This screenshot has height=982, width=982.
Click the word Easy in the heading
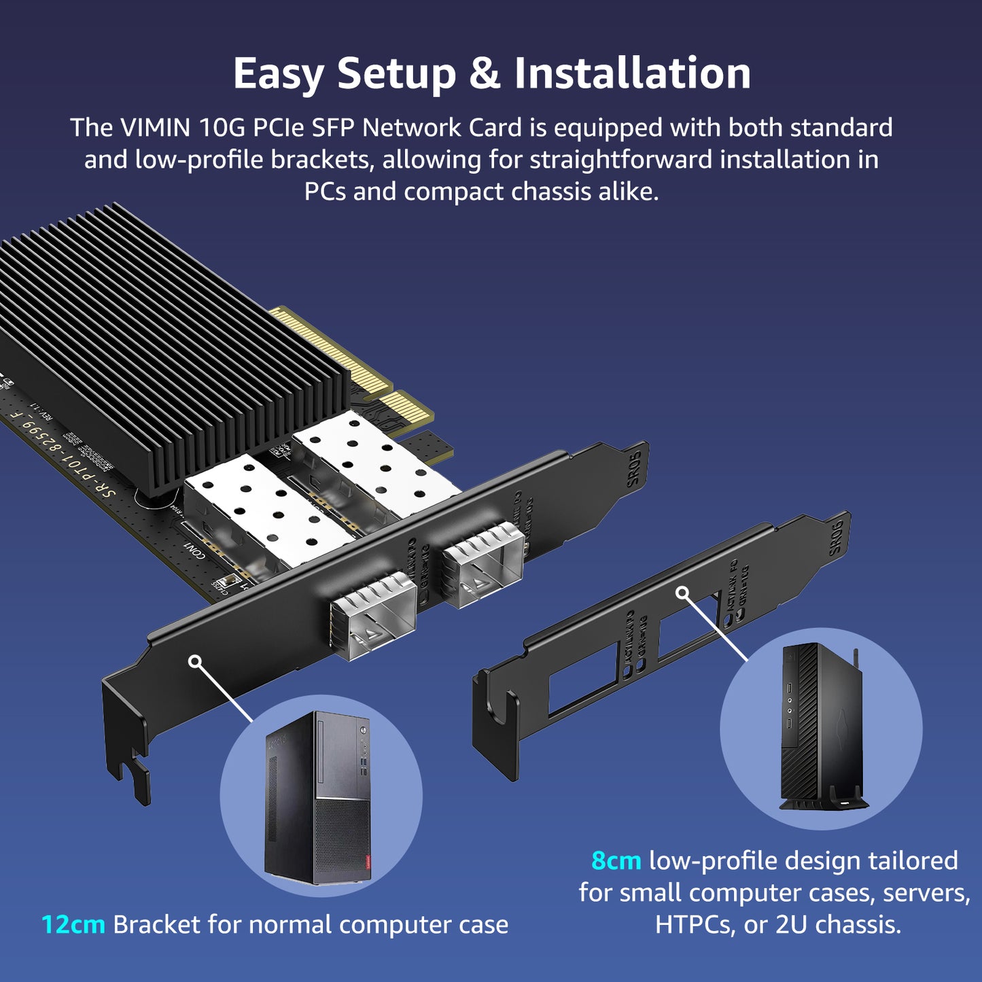click(278, 73)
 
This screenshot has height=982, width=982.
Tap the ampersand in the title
click(485, 73)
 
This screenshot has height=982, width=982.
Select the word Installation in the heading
click(632, 73)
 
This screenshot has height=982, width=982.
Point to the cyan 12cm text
click(73, 924)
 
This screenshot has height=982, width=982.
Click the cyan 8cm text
click(616, 860)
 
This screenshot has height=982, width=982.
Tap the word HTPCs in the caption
click(695, 924)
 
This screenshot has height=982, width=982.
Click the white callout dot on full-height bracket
click(195, 661)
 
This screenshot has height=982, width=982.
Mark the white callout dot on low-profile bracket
click(682, 593)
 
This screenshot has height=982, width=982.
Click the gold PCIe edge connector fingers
click(340, 353)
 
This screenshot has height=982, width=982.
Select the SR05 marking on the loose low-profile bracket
click(836, 537)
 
